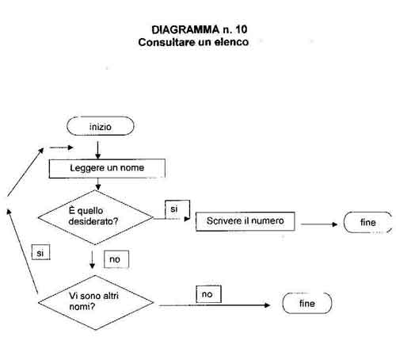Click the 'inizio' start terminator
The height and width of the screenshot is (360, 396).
click(x=101, y=126)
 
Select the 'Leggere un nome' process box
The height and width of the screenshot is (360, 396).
click(x=107, y=168)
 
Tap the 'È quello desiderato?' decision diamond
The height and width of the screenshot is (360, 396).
click(x=96, y=217)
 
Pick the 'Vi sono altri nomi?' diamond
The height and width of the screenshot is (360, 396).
click(x=96, y=302)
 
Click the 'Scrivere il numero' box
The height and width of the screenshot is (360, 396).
click(x=246, y=221)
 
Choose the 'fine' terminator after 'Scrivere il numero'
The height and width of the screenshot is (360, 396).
click(x=367, y=222)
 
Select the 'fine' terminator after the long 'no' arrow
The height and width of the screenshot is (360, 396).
click(x=307, y=303)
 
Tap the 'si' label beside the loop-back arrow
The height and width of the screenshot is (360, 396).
click(x=40, y=253)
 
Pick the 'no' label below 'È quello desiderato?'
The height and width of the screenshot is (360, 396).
click(x=116, y=259)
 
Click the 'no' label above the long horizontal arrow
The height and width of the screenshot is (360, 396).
click(x=208, y=294)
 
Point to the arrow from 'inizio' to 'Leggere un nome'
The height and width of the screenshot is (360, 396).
click(x=98, y=150)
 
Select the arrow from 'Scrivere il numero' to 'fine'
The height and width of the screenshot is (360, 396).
click(x=319, y=224)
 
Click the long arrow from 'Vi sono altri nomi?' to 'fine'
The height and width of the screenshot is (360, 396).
click(x=214, y=305)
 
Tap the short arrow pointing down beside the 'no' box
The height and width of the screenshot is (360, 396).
click(x=92, y=259)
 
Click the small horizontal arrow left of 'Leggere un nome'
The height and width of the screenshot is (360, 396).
click(x=61, y=147)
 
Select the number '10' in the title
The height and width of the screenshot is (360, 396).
click(x=242, y=29)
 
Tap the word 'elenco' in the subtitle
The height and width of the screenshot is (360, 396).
click(x=231, y=42)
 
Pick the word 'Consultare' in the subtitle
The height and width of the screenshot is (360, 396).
click(x=166, y=42)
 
